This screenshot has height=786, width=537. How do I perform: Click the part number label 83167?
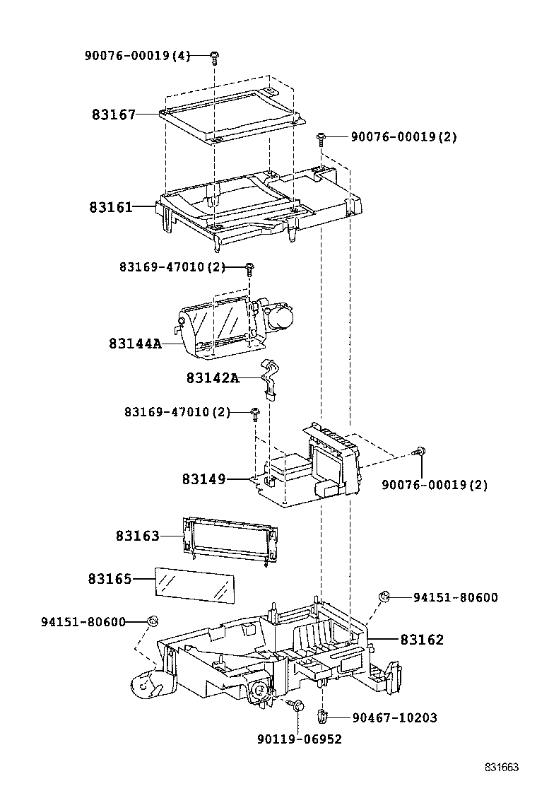point(113,114)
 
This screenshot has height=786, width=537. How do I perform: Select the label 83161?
point(111,207)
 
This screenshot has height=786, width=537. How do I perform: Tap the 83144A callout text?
point(135,344)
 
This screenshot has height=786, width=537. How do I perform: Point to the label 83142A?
point(213,378)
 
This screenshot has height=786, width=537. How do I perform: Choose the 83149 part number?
point(203,479)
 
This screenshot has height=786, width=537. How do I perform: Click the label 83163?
point(138,536)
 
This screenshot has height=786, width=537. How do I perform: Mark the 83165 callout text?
point(110,579)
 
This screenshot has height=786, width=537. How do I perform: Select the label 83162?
point(422,640)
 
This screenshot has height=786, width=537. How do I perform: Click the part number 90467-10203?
point(394,718)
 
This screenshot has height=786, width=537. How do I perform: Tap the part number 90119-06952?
point(299,739)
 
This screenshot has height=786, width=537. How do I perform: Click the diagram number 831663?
point(502,768)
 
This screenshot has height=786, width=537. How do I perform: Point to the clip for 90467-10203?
point(322,717)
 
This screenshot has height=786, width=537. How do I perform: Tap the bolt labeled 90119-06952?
point(297,705)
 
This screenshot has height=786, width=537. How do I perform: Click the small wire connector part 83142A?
point(268,378)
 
